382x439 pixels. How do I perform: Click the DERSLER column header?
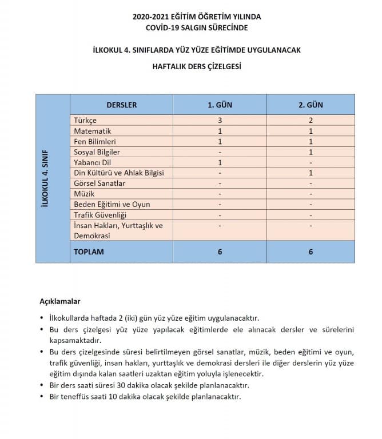pyautogui.click(x=121, y=105)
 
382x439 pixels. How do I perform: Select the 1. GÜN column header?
pyautogui.click(x=220, y=105)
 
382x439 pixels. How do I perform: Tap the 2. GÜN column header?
pyautogui.click(x=311, y=105)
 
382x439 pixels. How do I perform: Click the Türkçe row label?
pyautogui.click(x=86, y=121)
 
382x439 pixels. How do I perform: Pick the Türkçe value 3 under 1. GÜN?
pyautogui.click(x=220, y=121)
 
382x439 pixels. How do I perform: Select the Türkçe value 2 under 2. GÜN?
pyautogui.click(x=311, y=121)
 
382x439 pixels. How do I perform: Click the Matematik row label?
pyautogui.click(x=92, y=131)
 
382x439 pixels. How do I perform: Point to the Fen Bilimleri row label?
pyautogui.click(x=95, y=141)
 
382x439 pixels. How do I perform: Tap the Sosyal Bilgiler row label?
pyautogui.click(x=97, y=152)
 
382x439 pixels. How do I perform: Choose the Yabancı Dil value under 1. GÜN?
pyautogui.click(x=220, y=162)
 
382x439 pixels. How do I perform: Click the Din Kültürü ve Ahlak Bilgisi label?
pyautogui.click(x=119, y=173)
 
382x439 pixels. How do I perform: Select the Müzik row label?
pyautogui.click(x=84, y=194)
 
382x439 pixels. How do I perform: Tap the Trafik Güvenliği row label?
pyautogui.click(x=100, y=215)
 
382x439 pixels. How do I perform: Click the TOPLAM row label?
pyautogui.click(x=89, y=252)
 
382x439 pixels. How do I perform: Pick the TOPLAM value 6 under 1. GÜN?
pyautogui.click(x=220, y=252)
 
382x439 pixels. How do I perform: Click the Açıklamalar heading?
pyautogui.click(x=60, y=301)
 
